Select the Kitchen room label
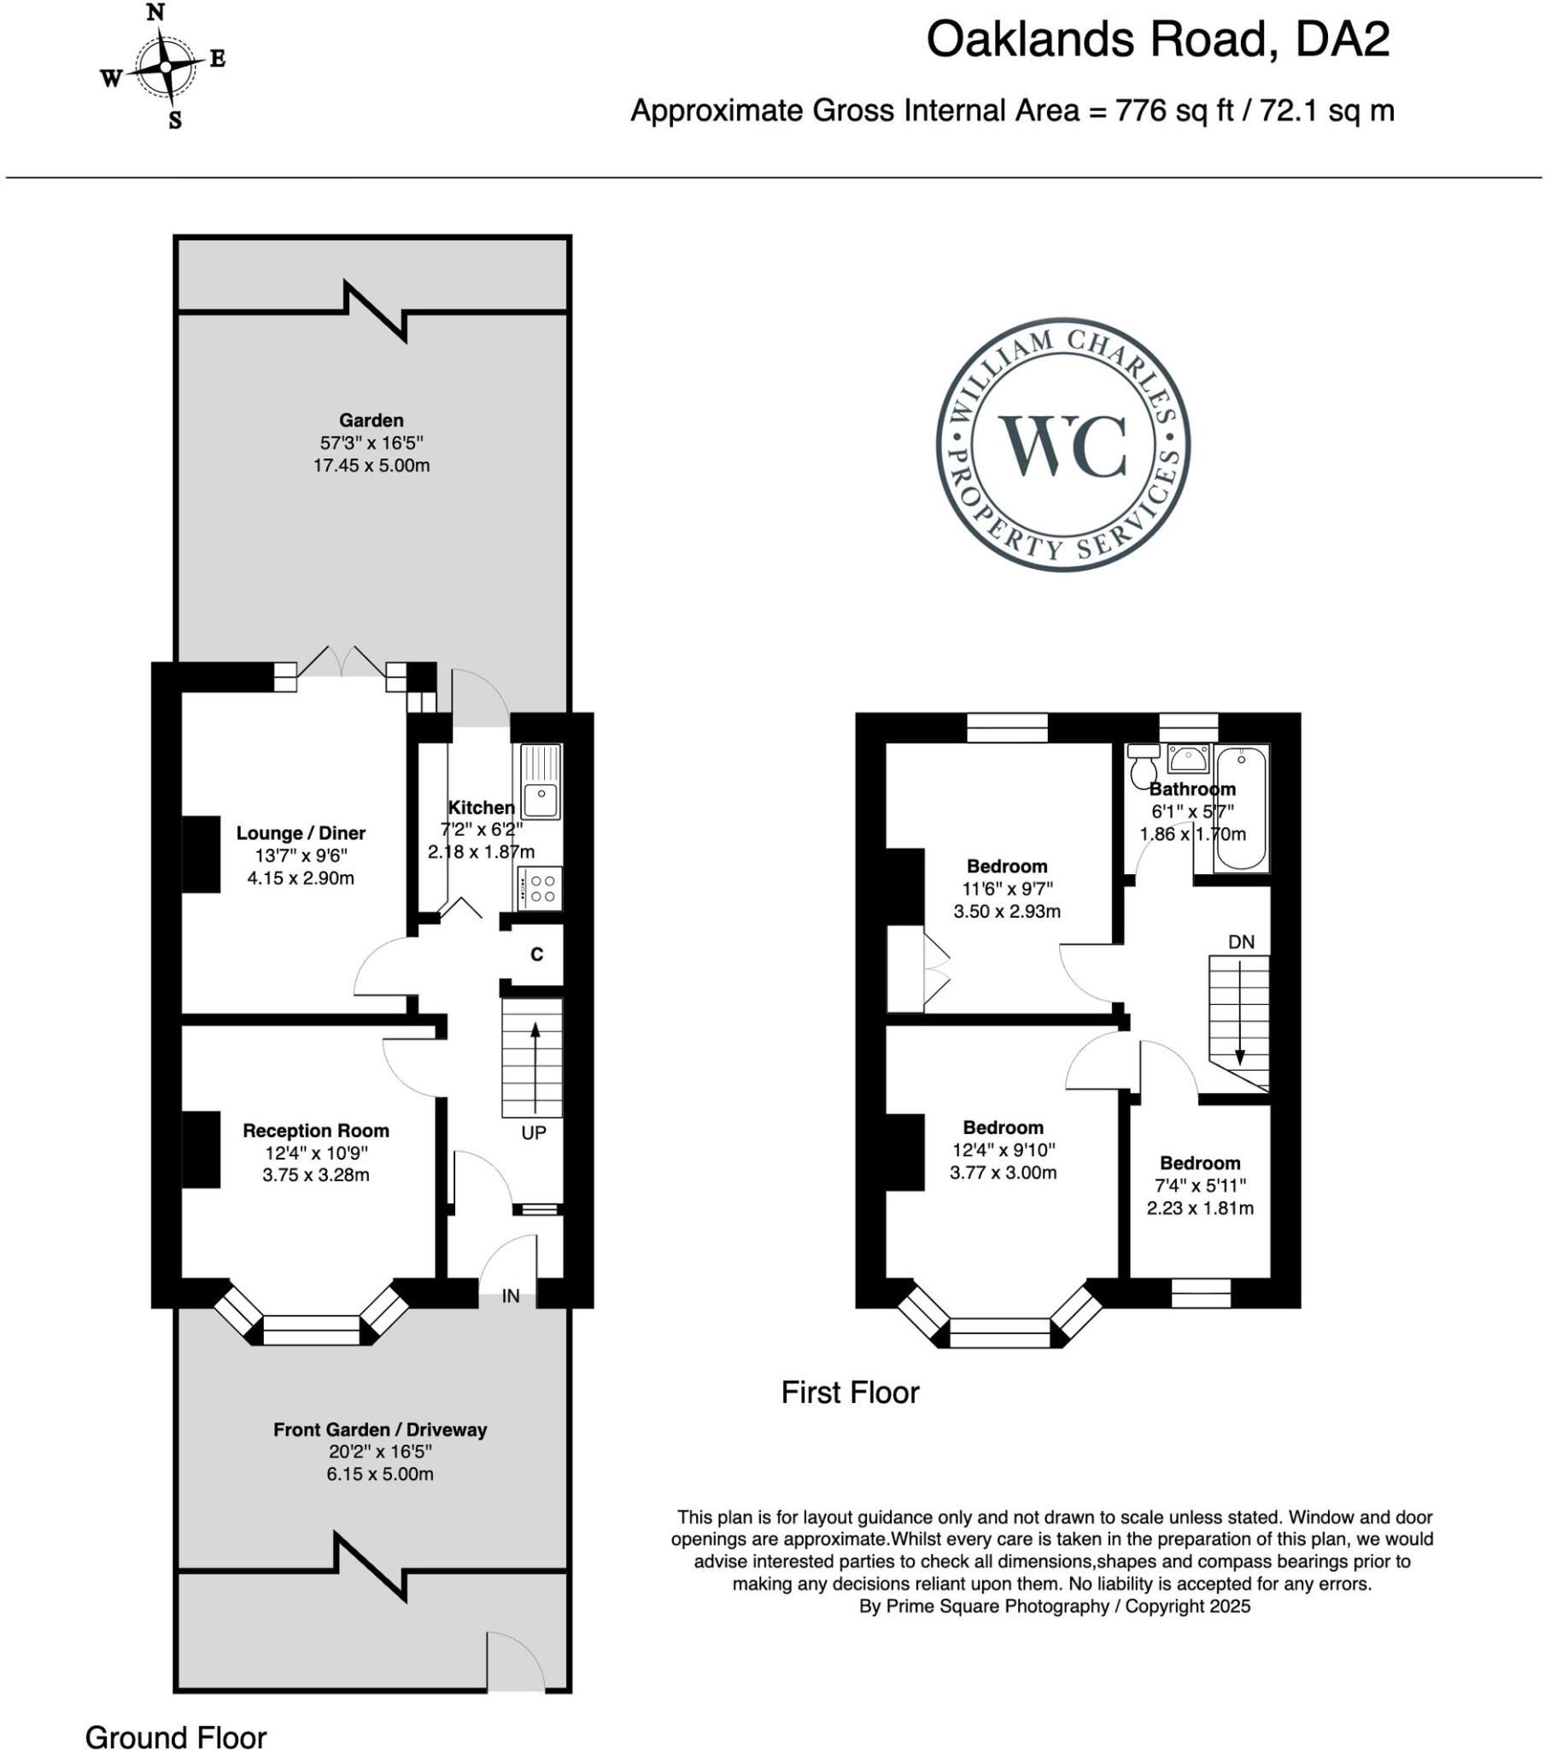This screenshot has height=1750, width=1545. point(481,807)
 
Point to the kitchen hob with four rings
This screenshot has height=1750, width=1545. point(540,888)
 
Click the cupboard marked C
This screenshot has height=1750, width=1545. point(536,954)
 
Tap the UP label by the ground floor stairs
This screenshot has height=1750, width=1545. point(533,1133)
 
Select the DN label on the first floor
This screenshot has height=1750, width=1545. point(1241,942)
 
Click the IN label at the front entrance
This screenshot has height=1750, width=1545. point(510,1296)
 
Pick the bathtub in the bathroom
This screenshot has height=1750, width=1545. point(1241,808)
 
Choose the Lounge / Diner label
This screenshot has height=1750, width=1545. point(301,833)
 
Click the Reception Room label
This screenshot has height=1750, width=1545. point(316,1131)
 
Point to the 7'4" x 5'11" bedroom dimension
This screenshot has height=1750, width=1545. point(1200,1186)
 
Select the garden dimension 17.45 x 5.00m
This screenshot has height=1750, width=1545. point(372,466)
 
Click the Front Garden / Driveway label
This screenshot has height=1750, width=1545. point(380,1430)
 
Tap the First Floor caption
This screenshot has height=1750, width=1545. point(850,1393)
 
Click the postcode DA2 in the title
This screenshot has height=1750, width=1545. point(1342,39)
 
